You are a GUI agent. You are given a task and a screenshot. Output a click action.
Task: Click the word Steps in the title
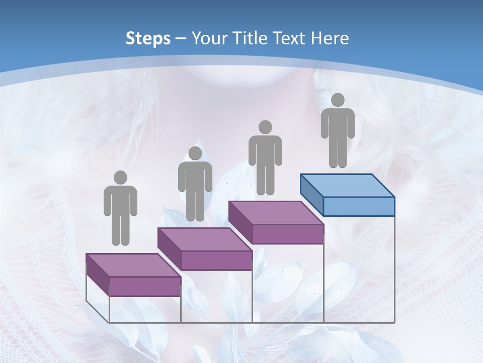(x=148, y=38)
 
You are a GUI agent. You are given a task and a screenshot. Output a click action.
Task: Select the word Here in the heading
(x=330, y=38)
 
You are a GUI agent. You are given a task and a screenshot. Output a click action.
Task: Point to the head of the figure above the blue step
(x=338, y=100)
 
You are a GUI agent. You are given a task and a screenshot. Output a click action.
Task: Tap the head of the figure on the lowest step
(x=120, y=177)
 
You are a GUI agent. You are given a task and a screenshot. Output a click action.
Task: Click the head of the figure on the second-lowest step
(x=195, y=153)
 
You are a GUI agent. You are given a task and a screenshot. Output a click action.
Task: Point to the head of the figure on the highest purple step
(x=265, y=127)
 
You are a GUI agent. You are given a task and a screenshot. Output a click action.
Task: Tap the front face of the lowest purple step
(x=145, y=286)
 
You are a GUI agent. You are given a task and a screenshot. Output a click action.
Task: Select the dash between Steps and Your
(x=181, y=39)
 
